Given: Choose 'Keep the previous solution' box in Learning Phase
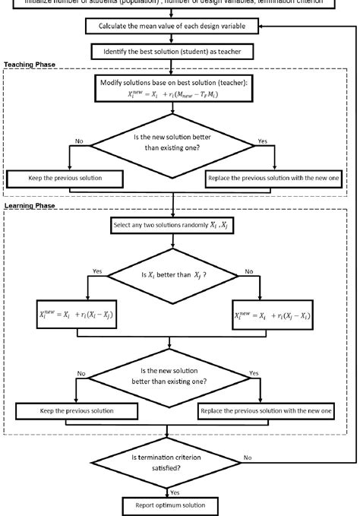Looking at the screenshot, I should click(76, 411).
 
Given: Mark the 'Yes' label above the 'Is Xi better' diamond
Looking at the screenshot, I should click(96, 271).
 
